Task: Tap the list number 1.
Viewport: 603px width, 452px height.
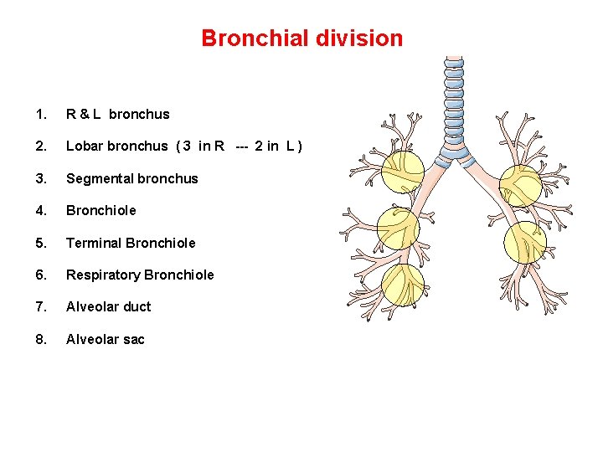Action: tap(40, 115)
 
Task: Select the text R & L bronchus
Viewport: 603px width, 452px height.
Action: tap(117, 115)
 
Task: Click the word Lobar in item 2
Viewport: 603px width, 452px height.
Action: tap(85, 146)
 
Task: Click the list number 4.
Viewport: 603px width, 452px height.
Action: tap(40, 210)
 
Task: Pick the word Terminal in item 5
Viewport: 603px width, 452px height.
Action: tap(93, 243)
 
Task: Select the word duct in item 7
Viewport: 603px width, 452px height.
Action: tap(137, 306)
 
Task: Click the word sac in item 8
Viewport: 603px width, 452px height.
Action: tap(133, 339)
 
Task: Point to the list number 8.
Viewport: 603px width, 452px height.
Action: tap(40, 339)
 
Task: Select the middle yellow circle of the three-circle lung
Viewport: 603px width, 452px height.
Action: tap(398, 226)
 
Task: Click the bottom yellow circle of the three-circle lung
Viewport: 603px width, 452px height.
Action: tap(403, 285)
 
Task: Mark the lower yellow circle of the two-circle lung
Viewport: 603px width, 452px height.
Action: tap(525, 243)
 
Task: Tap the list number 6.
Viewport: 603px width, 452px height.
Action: tap(40, 275)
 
